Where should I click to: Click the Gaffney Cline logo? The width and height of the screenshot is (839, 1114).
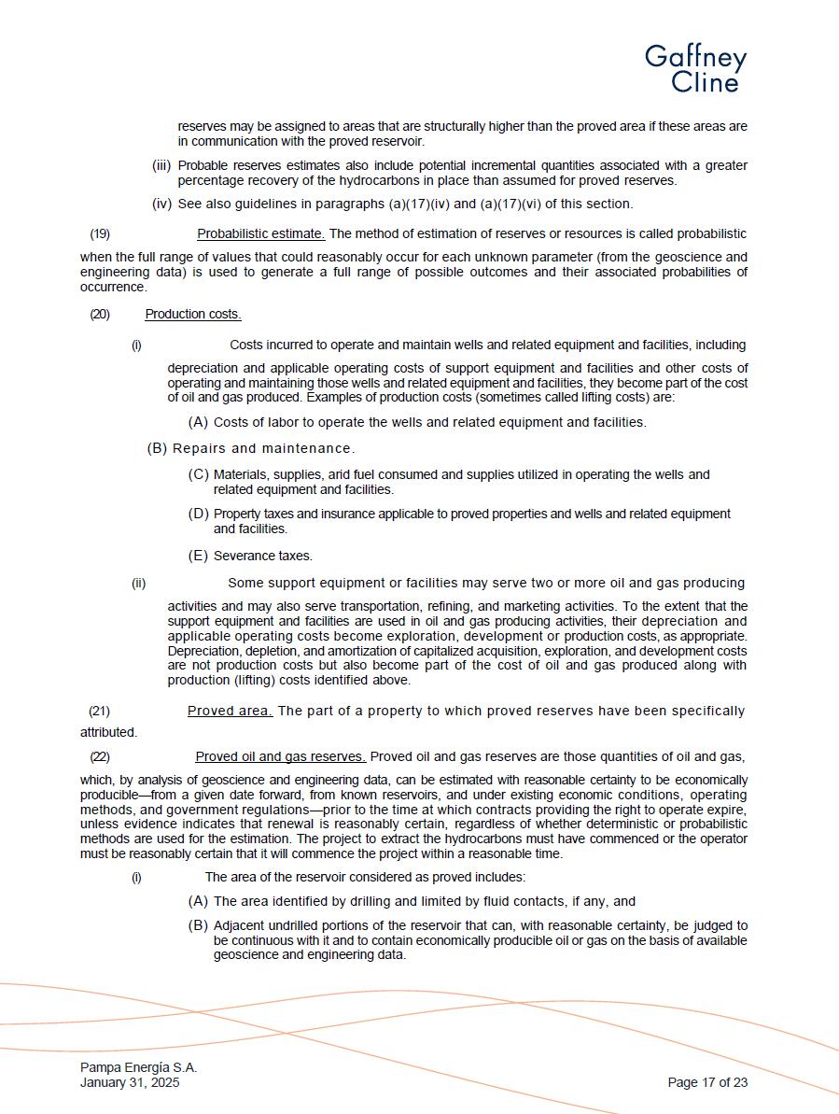(695, 68)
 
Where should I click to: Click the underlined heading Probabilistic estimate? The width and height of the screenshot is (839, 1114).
(260, 233)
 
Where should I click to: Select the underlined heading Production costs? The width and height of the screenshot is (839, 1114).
(193, 314)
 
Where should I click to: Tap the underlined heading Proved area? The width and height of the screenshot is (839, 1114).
(230, 711)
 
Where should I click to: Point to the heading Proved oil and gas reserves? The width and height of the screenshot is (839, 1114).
(280, 756)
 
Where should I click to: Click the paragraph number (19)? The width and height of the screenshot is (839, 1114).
(100, 233)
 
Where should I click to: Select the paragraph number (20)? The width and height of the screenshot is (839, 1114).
(100, 314)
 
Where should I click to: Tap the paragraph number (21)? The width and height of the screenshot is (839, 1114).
(99, 711)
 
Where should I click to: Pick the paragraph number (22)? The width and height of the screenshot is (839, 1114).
(100, 756)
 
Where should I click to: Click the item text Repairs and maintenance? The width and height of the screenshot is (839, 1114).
(263, 448)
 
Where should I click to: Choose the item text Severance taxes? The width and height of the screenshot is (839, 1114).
(263, 556)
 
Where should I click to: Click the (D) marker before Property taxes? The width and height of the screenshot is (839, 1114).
(198, 514)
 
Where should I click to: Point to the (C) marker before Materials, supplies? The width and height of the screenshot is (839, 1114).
(198, 474)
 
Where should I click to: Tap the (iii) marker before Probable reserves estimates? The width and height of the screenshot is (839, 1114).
(161, 165)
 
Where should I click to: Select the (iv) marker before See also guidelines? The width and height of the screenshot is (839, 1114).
(161, 204)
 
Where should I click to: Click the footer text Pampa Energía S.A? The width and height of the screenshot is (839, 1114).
(138, 1067)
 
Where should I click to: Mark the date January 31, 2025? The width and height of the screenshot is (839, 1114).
(130, 1083)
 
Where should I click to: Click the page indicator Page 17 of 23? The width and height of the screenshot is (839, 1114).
(707, 1083)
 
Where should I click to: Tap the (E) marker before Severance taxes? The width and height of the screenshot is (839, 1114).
(198, 556)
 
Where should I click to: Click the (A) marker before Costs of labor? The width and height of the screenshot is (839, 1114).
(198, 422)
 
